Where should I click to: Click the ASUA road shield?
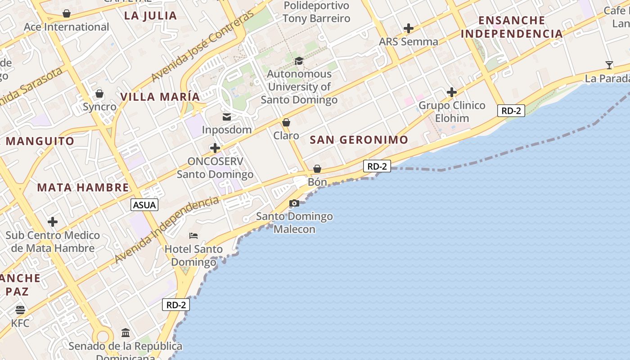point(144,205)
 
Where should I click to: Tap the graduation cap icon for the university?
point(299,61)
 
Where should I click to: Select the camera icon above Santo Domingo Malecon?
point(294,203)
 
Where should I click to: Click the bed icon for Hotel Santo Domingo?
point(193,236)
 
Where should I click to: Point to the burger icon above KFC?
point(20,310)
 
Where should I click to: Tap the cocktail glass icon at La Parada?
point(609,65)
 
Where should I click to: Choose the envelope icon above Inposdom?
point(227,117)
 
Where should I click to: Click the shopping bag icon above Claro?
point(286,122)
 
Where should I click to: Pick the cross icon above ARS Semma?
point(408,28)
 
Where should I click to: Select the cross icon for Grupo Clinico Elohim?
point(452,93)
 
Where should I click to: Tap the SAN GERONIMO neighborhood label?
point(359,139)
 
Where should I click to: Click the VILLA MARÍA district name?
point(160,97)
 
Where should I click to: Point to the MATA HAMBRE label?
point(83,188)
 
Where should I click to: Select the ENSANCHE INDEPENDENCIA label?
point(512,27)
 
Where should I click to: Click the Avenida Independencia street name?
point(167,230)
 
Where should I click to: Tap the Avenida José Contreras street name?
point(202,47)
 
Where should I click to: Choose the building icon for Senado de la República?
point(126,333)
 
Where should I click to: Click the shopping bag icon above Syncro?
point(99,94)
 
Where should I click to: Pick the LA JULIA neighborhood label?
point(150,16)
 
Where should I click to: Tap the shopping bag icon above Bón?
point(317,169)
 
